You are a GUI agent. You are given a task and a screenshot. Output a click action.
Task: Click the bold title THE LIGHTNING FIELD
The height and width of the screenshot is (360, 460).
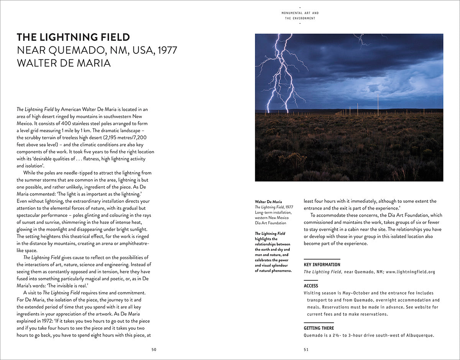pyautogui.click(x=73, y=37)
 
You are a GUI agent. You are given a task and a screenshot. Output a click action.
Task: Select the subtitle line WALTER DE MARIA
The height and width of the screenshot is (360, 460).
pyautogui.click(x=64, y=62)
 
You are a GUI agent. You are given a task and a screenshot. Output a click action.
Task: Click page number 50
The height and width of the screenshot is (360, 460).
pyautogui.click(x=154, y=349)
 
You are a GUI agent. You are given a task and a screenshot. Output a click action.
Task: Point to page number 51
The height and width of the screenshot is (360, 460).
pyautogui.click(x=306, y=349)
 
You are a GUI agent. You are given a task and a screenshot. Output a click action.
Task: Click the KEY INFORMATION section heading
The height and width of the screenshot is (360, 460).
pyautogui.click(x=322, y=265)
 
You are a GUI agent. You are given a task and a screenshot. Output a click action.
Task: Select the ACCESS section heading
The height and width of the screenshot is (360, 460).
pyautogui.click(x=311, y=286)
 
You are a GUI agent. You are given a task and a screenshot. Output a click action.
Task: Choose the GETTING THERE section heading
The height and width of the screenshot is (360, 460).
pyautogui.click(x=319, y=328)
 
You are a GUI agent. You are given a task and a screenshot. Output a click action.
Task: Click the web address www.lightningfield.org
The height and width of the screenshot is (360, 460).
pyautogui.click(x=411, y=272)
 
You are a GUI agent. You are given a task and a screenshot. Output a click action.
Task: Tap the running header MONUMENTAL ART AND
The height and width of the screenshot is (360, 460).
pyautogui.click(x=300, y=13)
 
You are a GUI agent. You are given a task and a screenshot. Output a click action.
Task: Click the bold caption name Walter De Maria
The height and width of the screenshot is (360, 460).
pyautogui.click(x=268, y=202)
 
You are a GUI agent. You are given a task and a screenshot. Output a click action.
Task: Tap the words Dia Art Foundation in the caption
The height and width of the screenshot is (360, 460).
pyautogui.click(x=271, y=223)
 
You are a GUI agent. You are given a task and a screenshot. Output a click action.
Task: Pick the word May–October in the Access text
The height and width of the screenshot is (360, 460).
pyautogui.click(x=349, y=293)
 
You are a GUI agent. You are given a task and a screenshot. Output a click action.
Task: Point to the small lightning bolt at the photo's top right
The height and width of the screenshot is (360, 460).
pyautogui.click(x=362, y=39)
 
